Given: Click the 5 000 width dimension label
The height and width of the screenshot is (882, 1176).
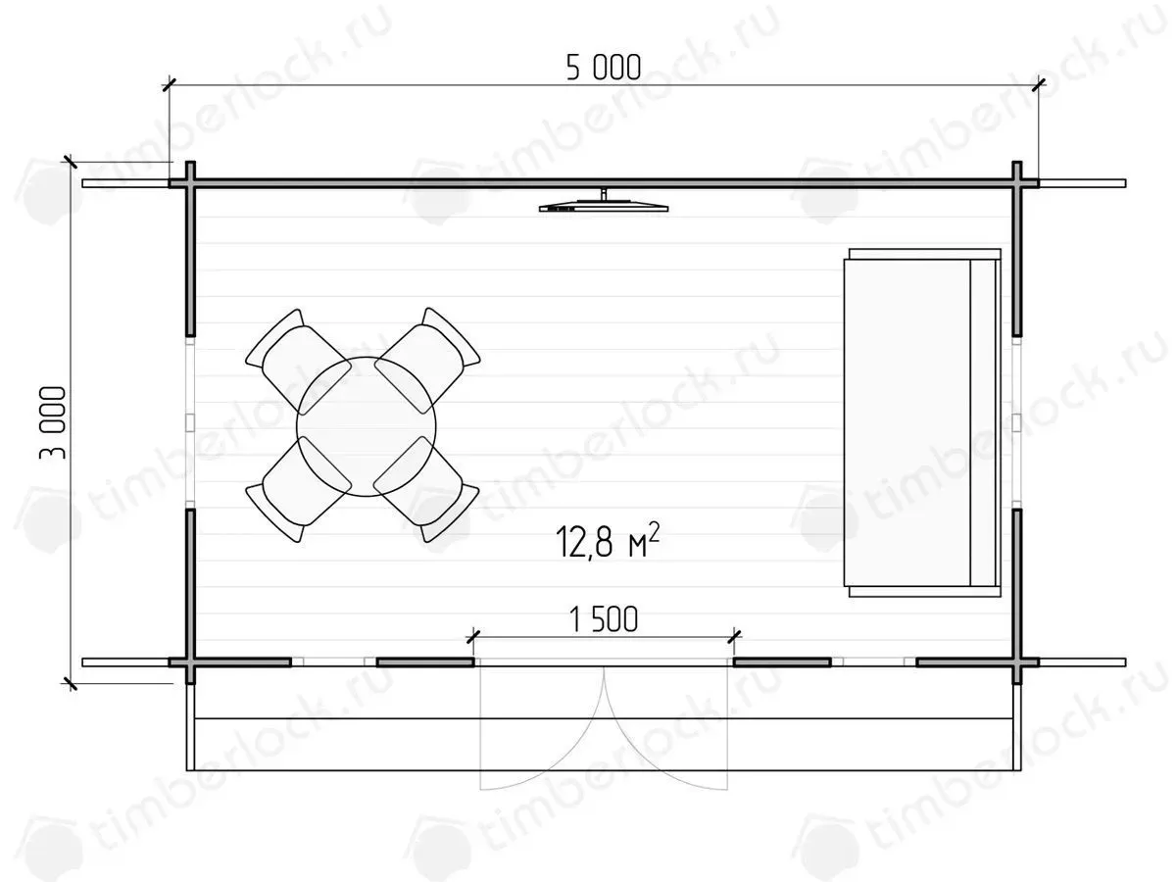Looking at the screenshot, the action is tap(604, 68).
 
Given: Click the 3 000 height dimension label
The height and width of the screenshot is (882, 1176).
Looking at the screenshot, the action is tap(53, 423).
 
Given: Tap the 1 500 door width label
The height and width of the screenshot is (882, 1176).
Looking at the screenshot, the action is tap(604, 619).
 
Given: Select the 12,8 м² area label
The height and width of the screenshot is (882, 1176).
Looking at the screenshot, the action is tap(607, 541).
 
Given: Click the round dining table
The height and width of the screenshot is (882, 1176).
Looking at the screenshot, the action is tap(367, 426).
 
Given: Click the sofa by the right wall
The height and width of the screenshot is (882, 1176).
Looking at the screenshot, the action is tap(922, 422).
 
